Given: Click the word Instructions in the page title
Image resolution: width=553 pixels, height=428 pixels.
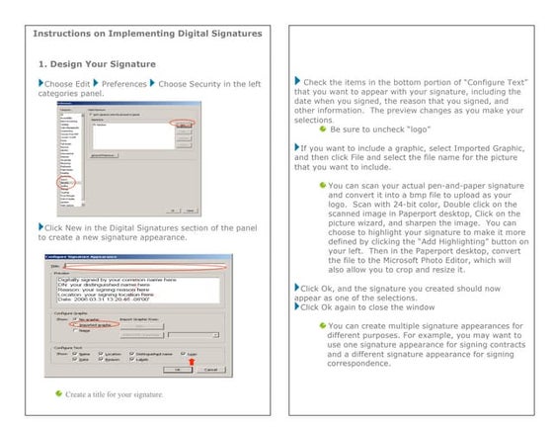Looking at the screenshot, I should click(x=69, y=33).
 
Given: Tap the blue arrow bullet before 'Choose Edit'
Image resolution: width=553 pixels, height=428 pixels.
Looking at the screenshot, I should click(x=39, y=83).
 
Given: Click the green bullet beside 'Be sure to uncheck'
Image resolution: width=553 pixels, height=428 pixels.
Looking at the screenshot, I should click(x=322, y=128).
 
